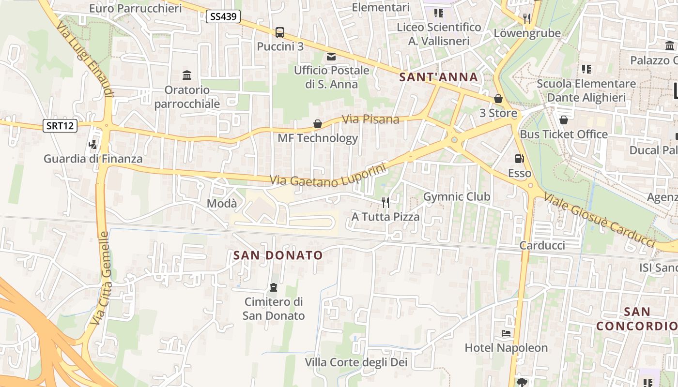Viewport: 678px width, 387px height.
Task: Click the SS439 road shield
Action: click(x=224, y=17)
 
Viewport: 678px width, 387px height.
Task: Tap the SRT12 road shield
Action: click(x=60, y=126)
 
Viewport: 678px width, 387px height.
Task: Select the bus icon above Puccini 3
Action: click(x=280, y=32)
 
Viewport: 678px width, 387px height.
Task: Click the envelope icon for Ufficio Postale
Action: click(x=331, y=57)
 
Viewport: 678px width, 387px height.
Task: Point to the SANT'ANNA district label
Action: click(x=438, y=77)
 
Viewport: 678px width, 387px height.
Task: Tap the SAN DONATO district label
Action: click(x=278, y=255)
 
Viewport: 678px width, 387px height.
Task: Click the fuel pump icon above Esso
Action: click(x=519, y=159)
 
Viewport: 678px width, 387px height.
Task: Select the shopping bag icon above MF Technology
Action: click(x=318, y=124)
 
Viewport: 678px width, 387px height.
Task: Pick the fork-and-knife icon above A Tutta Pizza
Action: click(x=385, y=202)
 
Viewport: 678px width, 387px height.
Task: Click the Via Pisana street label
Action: click(x=370, y=119)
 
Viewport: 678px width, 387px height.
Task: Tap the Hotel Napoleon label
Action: click(x=506, y=348)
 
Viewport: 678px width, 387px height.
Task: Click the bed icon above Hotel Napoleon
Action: click(x=506, y=333)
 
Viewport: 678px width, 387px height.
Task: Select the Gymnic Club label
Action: click(x=457, y=197)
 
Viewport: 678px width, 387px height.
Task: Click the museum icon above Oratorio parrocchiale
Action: click(x=187, y=75)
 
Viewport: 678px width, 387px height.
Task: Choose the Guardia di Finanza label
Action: click(x=93, y=159)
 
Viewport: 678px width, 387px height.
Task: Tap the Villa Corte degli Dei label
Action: click(x=356, y=362)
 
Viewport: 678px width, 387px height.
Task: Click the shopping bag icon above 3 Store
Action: click(x=498, y=99)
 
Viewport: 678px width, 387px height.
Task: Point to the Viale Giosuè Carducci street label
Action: click(x=600, y=219)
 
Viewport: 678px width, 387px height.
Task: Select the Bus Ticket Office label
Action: click(x=564, y=134)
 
